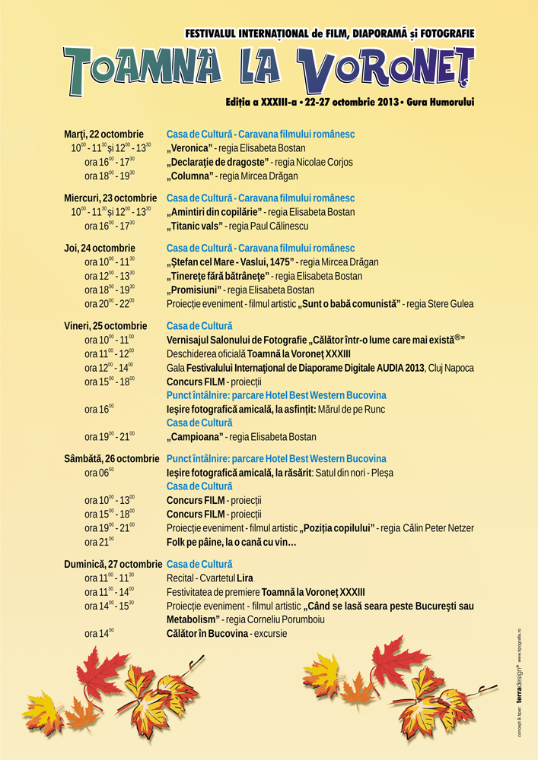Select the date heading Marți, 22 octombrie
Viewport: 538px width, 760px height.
pyautogui.click(x=103, y=135)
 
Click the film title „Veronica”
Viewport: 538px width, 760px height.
pyautogui.click(x=190, y=148)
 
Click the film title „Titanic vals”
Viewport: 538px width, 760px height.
pyautogui.click(x=195, y=226)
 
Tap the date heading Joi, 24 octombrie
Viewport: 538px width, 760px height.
pyautogui.click(x=100, y=249)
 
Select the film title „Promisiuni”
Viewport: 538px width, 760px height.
pyautogui.click(x=194, y=290)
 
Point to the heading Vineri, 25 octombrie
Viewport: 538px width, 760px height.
pyautogui.click(x=106, y=326)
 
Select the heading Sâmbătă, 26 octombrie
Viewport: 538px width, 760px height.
pyautogui.click(x=112, y=459)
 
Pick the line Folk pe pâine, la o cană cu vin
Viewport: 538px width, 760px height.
pyautogui.click(x=231, y=542)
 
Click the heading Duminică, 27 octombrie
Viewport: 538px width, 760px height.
pyautogui.click(x=113, y=565)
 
